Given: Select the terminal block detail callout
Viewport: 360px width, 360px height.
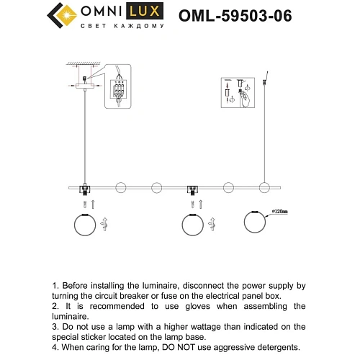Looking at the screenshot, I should pos(119,88).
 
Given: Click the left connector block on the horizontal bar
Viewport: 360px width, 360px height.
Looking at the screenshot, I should pos(86,189).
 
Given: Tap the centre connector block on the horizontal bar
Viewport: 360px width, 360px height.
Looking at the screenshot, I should pos(193,189).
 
